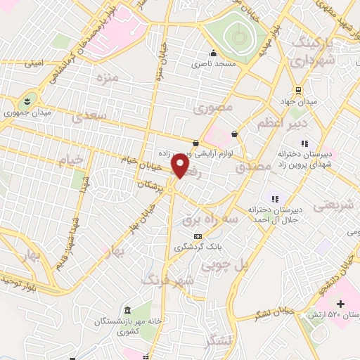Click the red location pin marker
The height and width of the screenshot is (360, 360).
pos(181,166)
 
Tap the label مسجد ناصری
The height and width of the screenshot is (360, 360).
pos(214,63)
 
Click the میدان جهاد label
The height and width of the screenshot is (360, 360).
pos(300,101)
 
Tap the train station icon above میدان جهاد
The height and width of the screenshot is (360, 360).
pos(299,90)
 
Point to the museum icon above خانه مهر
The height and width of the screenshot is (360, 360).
pos(127,310)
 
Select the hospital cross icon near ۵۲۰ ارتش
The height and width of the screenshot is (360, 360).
pos(342,304)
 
